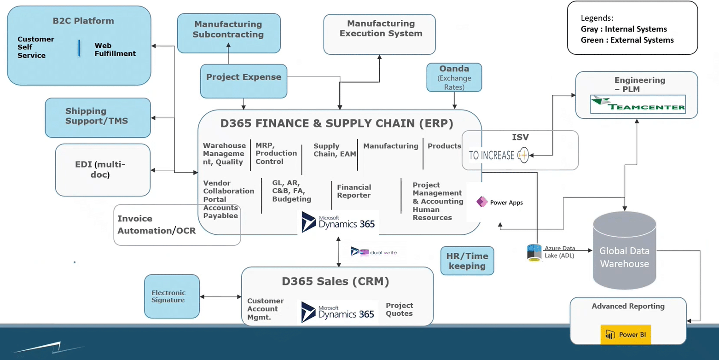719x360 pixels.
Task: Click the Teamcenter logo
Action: click(x=638, y=105)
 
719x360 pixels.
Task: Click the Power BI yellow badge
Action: click(x=625, y=335)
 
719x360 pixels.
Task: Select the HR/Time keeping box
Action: click(x=467, y=261)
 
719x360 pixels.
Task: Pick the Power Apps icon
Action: click(x=482, y=202)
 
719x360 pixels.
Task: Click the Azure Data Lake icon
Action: click(x=534, y=252)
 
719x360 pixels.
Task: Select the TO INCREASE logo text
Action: click(x=492, y=156)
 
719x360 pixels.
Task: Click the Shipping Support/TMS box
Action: click(x=98, y=117)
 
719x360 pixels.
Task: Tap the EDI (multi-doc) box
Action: click(x=102, y=169)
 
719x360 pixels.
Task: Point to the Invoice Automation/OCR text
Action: click(x=157, y=225)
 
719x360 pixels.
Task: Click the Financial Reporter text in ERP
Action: click(x=354, y=191)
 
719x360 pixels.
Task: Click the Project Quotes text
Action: click(x=399, y=309)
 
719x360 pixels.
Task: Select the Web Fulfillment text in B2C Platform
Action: click(x=115, y=50)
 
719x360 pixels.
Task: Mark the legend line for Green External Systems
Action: click(x=627, y=40)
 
